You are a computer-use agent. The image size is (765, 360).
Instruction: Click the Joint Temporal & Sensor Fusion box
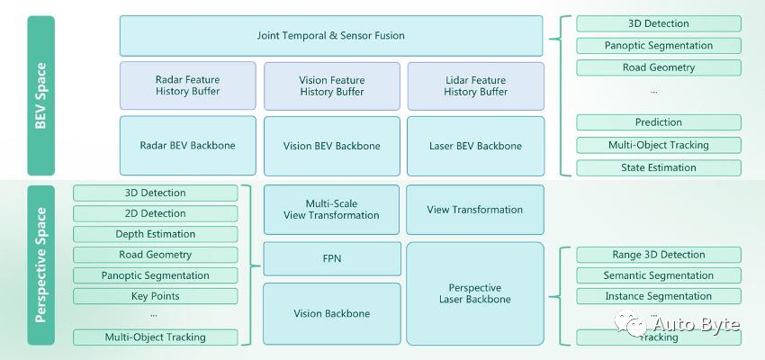(331, 36)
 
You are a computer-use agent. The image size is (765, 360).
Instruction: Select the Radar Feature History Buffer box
(187, 85)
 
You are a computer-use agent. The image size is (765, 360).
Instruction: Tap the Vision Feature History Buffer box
(331, 85)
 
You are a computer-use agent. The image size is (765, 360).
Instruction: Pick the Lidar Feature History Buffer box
(475, 85)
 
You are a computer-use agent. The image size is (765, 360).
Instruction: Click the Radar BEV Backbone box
(187, 146)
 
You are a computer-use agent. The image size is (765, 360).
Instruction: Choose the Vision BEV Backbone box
(331, 146)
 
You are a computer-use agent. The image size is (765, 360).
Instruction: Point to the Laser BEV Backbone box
(475, 146)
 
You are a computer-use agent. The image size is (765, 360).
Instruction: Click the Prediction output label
(658, 122)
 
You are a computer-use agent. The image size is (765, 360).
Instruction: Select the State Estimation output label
(658, 167)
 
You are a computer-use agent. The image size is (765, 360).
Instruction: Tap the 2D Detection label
(155, 213)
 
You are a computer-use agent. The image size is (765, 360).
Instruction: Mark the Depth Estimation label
(155, 234)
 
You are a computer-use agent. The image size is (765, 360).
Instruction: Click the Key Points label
(155, 296)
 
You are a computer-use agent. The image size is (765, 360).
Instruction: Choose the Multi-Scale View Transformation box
(331, 210)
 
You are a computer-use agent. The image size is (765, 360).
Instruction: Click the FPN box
(331, 258)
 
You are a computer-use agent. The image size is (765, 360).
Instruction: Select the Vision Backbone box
(331, 313)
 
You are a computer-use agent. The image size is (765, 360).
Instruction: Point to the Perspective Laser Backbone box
(475, 293)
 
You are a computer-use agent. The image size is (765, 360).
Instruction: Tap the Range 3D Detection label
(658, 255)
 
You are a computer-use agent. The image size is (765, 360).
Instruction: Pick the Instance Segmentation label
(658, 296)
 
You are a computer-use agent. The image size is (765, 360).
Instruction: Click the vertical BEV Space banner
(40, 95)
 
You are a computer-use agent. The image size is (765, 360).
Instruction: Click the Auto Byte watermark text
(694, 324)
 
